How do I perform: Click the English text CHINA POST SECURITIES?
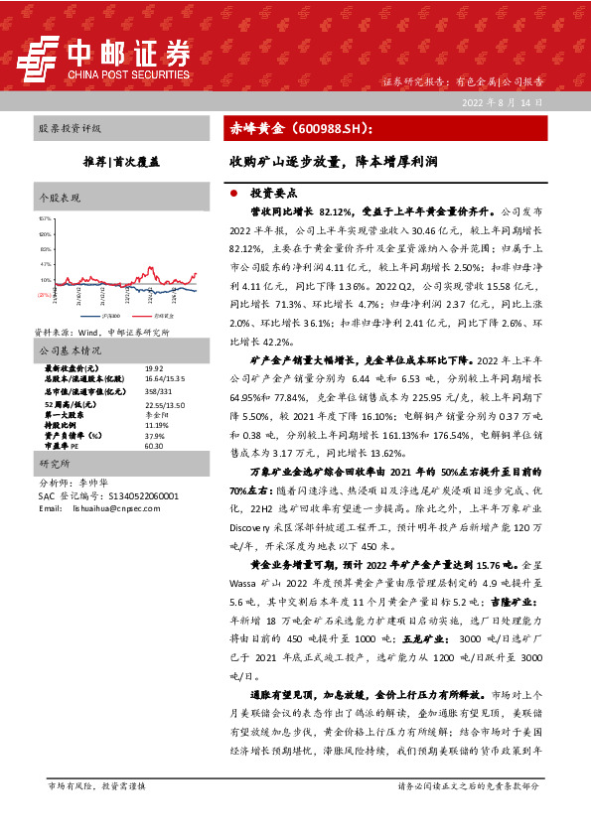[x=128, y=72]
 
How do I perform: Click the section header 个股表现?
[x=57, y=198]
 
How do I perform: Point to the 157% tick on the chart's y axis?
[x=44, y=217]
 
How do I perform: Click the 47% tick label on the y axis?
[x=44, y=265]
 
